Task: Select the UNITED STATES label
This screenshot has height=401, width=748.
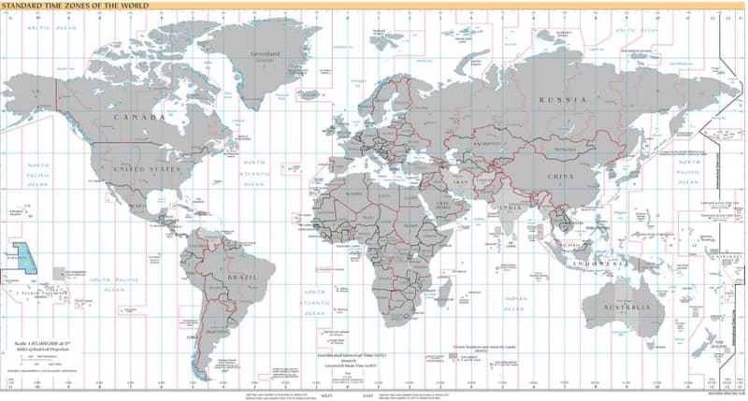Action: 146,169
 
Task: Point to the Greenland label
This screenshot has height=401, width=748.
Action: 265,54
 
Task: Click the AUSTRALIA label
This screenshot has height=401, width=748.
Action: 624,308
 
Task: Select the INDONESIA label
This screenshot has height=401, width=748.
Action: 606,265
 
